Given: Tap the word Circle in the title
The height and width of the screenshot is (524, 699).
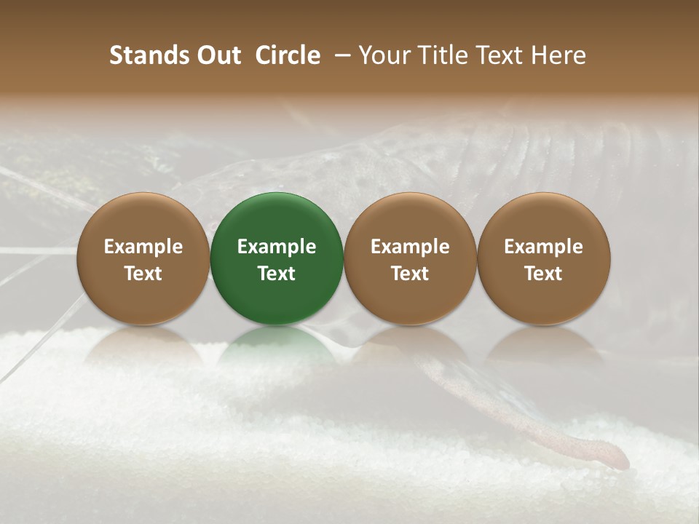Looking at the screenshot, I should (288, 55).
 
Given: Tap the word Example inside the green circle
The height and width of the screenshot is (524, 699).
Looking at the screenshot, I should (277, 247).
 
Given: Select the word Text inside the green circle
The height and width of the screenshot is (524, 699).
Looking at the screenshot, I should (277, 274).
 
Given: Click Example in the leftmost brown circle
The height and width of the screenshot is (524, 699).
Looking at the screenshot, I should (143, 247).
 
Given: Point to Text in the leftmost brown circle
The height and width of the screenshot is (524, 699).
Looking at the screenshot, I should (143, 274).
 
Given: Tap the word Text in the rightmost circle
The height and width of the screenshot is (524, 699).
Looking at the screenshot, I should (544, 274).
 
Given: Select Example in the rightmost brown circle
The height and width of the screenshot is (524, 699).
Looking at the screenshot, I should (544, 247).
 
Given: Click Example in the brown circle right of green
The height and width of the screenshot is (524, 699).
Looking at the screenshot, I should (410, 247).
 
